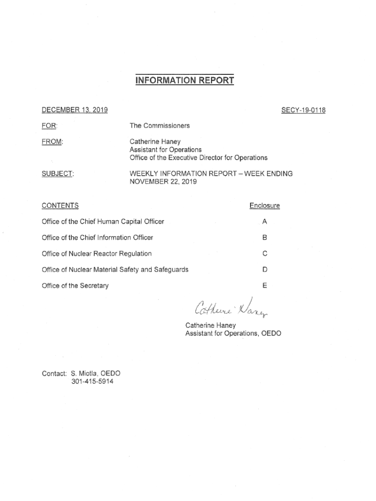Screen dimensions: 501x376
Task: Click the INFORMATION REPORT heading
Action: coord(185,80)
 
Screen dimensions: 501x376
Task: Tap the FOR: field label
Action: coord(49,126)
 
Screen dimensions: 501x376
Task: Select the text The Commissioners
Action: coord(159,126)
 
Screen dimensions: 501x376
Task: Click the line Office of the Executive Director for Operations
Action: coord(198,158)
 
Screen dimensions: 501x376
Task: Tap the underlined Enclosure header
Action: coord(264,205)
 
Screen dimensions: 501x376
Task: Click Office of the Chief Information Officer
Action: coord(97,237)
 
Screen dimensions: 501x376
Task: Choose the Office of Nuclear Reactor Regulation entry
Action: coord(97,253)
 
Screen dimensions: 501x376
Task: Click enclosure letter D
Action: coord(265,270)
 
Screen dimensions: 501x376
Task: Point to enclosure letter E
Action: coord(265,285)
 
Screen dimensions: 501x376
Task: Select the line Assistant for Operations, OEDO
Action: coord(233,333)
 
